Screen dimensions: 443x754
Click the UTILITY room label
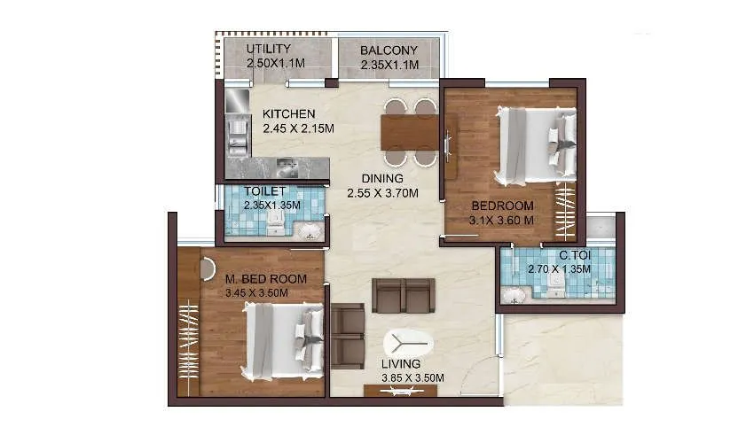pyautogui.click(x=269, y=48)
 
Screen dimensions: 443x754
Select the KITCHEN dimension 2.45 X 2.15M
pyautogui.click(x=298, y=128)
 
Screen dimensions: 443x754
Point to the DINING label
pyautogui.click(x=381, y=177)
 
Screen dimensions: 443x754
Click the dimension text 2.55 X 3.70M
pyautogui.click(x=381, y=192)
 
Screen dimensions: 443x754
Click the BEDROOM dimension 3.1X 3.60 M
pyautogui.click(x=501, y=221)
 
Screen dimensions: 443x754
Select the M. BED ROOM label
pyautogui.click(x=266, y=279)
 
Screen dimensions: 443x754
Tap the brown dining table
pyautogui.click(x=410, y=133)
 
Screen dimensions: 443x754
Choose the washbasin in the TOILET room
pyautogui.click(x=310, y=232)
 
